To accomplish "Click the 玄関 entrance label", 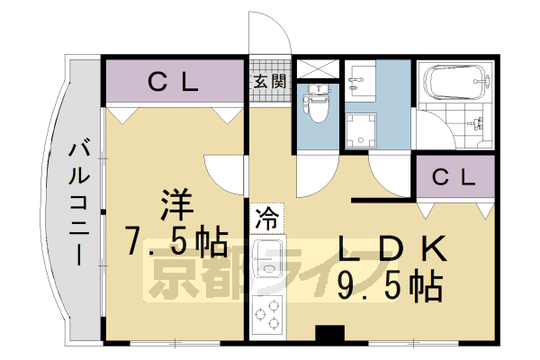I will (269, 81).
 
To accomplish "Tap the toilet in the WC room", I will (316, 103).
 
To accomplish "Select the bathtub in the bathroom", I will (458, 82).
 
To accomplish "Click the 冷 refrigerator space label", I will (267, 217).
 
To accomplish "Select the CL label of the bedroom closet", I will (173, 83).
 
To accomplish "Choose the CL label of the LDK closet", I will (454, 177).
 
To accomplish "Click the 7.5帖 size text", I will (175, 241).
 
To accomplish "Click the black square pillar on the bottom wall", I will (330, 334).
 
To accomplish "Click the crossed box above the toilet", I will (316, 68).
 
